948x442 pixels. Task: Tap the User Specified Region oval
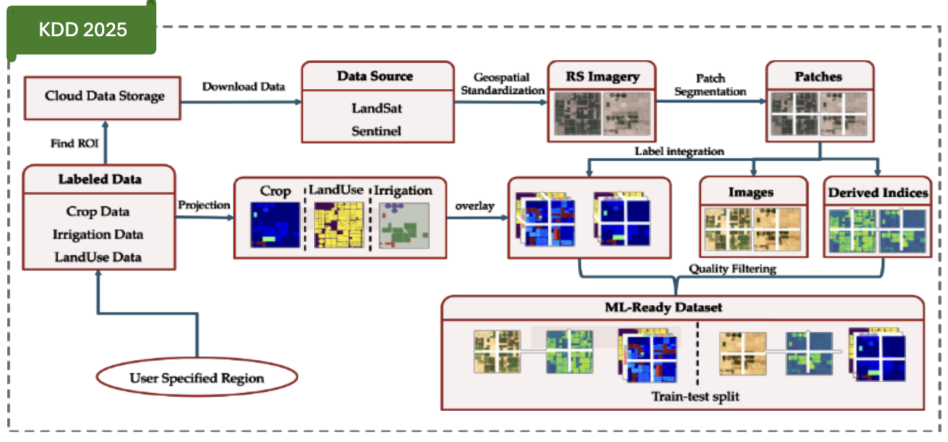click(x=197, y=378)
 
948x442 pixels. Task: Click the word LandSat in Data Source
click(x=376, y=109)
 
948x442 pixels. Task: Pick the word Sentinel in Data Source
click(x=376, y=131)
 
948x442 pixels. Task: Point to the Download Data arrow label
click(x=243, y=86)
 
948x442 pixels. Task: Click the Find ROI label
click(x=75, y=143)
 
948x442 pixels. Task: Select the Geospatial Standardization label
click(x=501, y=84)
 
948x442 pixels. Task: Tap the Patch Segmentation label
click(x=710, y=85)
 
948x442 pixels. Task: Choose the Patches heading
click(x=818, y=76)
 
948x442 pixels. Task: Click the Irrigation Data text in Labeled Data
click(x=98, y=235)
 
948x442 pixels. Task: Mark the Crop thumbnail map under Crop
click(x=274, y=225)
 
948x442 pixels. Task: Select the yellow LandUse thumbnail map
click(x=339, y=225)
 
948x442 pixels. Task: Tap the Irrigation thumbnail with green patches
click(x=404, y=225)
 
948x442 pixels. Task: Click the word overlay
click(x=474, y=205)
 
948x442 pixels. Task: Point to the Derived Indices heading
click(x=878, y=193)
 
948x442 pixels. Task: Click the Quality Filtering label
click(x=732, y=269)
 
